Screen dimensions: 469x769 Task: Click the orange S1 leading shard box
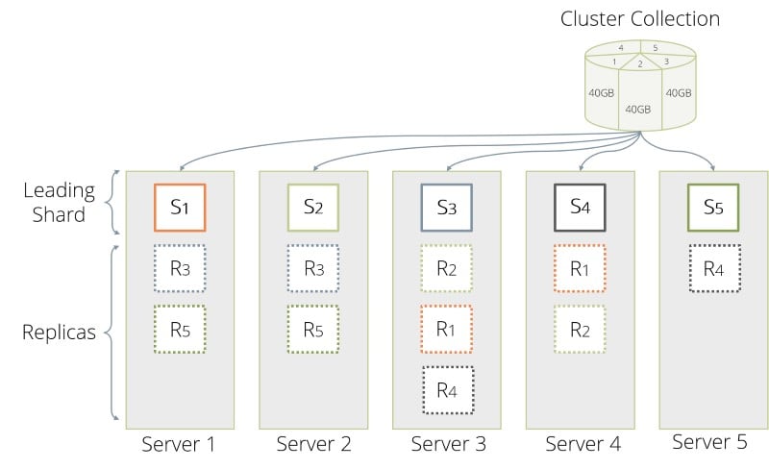pyautogui.click(x=181, y=208)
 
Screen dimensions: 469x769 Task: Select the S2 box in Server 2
pyautogui.click(x=313, y=208)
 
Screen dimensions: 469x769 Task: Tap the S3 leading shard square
pyautogui.click(x=446, y=208)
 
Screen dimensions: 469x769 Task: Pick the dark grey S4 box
pyautogui.click(x=579, y=208)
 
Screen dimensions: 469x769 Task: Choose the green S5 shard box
pyautogui.click(x=712, y=208)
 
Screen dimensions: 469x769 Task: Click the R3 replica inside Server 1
pyautogui.click(x=181, y=269)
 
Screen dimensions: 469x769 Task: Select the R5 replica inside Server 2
pyautogui.click(x=313, y=329)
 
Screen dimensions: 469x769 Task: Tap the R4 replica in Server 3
pyautogui.click(x=446, y=389)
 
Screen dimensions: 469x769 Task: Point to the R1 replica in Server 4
pyautogui.click(x=579, y=269)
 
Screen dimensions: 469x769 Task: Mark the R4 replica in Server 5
pyautogui.click(x=712, y=269)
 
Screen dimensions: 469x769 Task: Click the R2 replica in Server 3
pyautogui.click(x=446, y=269)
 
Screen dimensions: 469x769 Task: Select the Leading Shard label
pyautogui.click(x=55, y=202)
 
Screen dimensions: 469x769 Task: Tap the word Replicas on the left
pyautogui.click(x=61, y=333)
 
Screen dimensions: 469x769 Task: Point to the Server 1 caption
pyautogui.click(x=179, y=444)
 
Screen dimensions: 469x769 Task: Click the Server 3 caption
pyautogui.click(x=447, y=444)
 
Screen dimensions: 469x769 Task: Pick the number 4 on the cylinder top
pyautogui.click(x=621, y=47)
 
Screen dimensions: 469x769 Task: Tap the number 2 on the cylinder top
pyautogui.click(x=639, y=64)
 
